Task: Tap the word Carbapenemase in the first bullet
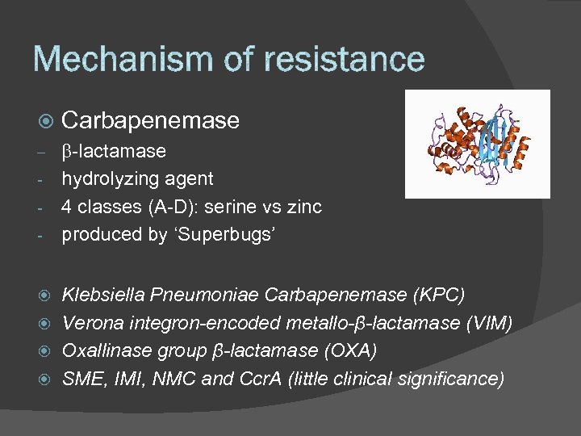[x=151, y=120]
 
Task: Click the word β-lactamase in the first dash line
[x=114, y=151]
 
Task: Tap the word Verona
[x=90, y=323]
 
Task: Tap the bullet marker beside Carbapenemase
[x=45, y=121]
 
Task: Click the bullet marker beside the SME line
[x=45, y=379]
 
